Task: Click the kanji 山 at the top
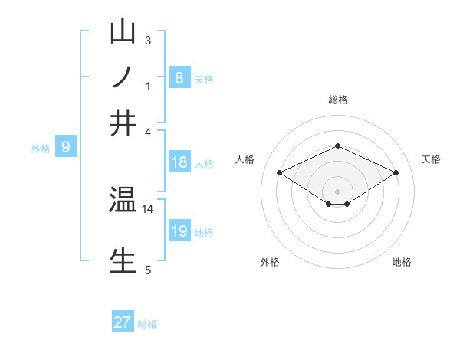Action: tap(123, 33)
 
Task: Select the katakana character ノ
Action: tap(123, 78)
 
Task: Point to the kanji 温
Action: tap(123, 201)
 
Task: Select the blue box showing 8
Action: tap(179, 77)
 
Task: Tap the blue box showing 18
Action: tap(179, 162)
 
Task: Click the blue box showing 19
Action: tap(179, 231)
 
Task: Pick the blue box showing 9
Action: tap(66, 147)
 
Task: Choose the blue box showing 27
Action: tap(123, 322)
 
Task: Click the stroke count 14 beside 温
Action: tap(148, 208)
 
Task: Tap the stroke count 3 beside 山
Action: tap(148, 40)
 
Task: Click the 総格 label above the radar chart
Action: tap(337, 100)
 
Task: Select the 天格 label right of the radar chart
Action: tap(431, 159)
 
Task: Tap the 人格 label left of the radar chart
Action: tap(245, 159)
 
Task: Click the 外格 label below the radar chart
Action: tap(270, 263)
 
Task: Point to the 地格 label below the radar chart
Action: tap(402, 263)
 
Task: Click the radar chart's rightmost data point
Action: tap(396, 173)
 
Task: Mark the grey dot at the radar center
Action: tap(337, 191)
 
